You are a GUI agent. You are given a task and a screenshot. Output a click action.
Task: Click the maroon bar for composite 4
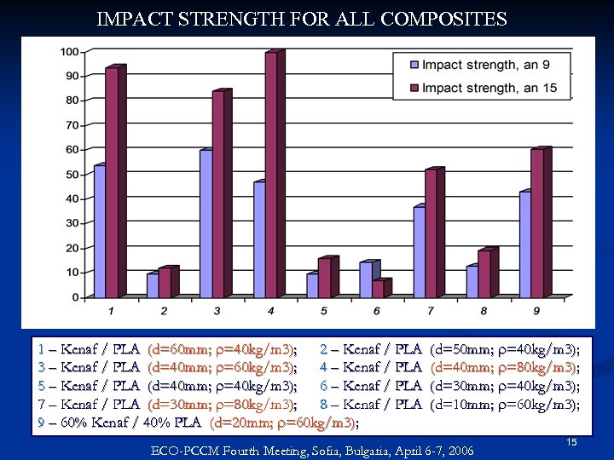point(270,175)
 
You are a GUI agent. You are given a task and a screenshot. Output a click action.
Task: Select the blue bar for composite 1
point(100,231)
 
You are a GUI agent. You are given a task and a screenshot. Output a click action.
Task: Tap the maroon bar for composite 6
point(377,289)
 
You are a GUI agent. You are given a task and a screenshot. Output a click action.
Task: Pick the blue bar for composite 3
point(206,223)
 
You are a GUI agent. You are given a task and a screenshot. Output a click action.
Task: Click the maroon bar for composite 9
point(536,223)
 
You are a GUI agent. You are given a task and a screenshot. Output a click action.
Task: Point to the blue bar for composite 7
point(419,251)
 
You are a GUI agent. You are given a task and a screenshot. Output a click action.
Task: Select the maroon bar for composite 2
point(164,283)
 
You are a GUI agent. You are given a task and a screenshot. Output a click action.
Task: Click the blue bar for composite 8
point(472,281)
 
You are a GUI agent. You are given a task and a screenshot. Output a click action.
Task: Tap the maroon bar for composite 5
point(323,278)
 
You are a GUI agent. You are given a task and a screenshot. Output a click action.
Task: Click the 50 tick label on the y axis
point(72,175)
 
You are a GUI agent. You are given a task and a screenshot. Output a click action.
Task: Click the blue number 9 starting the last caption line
point(42,423)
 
